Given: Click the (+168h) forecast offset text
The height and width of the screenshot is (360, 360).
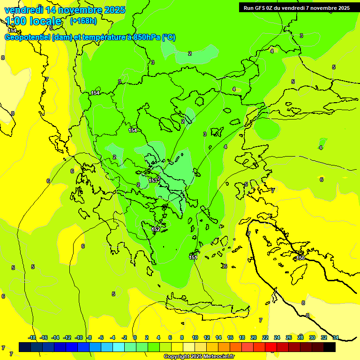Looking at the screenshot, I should [83, 21].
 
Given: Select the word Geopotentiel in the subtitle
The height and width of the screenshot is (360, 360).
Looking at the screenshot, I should [27, 37].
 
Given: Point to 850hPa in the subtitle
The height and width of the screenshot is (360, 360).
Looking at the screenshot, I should [145, 37].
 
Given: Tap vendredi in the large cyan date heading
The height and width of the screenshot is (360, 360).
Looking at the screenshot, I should [24, 10].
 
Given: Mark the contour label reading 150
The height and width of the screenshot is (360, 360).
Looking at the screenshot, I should [300, 258].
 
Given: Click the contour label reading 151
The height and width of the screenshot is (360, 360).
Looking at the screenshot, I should [193, 257].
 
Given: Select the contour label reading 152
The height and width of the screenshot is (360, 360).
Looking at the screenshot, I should [156, 229].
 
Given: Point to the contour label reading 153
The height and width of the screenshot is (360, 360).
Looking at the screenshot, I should [153, 180].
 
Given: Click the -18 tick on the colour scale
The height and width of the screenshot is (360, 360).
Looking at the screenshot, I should [32, 337].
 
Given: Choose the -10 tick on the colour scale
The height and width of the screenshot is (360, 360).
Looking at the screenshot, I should [79, 337].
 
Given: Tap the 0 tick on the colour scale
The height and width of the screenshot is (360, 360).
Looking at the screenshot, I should [135, 337].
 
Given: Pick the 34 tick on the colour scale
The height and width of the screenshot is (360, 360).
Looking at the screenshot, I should [336, 337].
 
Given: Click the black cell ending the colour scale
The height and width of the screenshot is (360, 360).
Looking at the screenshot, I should [330, 347].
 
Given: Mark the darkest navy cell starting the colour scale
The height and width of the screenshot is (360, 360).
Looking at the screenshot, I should [25, 347].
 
